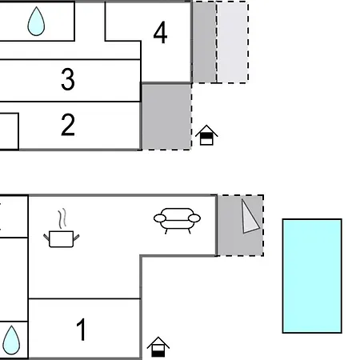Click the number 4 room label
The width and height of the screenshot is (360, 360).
(x=160, y=33)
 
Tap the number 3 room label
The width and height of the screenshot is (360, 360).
(x=68, y=79)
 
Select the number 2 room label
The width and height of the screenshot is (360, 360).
(x=68, y=125)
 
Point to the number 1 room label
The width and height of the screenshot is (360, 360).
(x=81, y=330)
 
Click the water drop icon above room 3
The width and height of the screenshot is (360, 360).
(x=36, y=21)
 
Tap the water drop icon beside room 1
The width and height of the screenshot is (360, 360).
(x=11, y=340)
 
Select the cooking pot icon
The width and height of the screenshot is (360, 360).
(x=62, y=239)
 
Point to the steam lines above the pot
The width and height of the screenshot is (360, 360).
(x=62, y=218)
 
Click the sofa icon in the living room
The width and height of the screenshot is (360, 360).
(x=177, y=221)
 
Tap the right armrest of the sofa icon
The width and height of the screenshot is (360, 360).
(x=194, y=218)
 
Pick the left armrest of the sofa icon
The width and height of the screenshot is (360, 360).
(x=160, y=218)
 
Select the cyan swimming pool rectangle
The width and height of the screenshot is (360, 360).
(x=312, y=276)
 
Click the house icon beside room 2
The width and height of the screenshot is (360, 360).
(x=206, y=135)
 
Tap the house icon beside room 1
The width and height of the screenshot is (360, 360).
(x=158, y=347)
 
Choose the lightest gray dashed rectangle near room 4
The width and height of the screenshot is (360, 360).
(x=233, y=42)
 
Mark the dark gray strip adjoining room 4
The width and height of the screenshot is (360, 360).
(x=205, y=42)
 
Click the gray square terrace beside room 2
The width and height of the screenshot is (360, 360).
(x=166, y=117)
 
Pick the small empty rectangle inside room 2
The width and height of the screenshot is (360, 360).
(x=9, y=131)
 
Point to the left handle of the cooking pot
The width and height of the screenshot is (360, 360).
(x=46, y=237)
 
